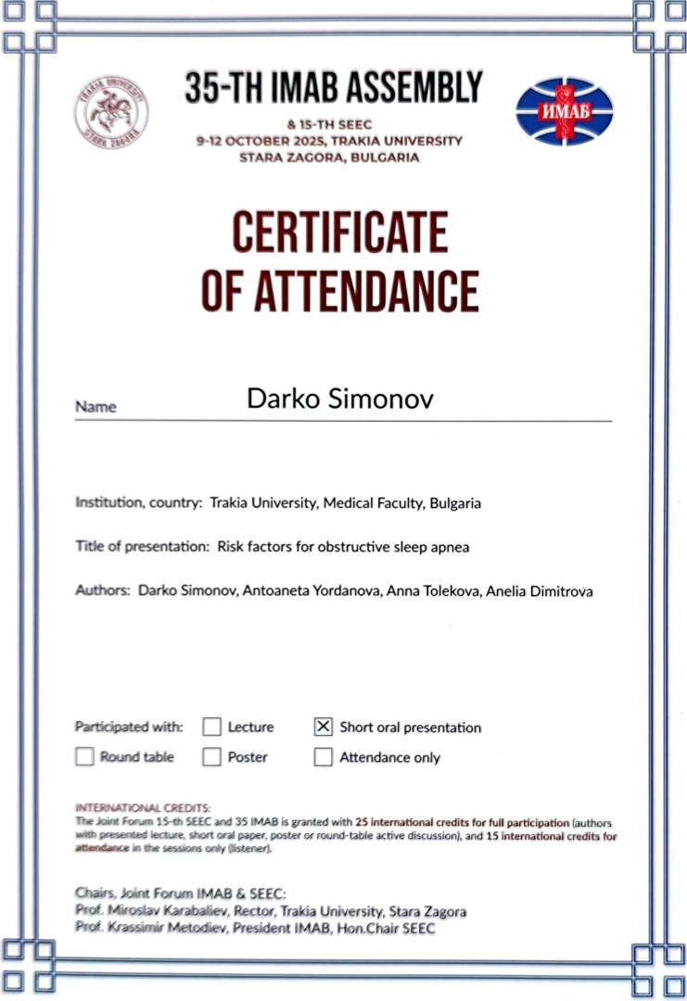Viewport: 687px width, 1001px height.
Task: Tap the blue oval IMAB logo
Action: pos(564,110)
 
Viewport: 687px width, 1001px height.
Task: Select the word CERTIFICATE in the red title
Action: pos(340,233)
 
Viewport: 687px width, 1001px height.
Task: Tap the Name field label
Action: pos(95,407)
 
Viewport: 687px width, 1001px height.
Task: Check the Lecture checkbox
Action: pos(212,727)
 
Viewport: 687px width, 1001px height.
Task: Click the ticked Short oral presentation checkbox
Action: pos(323,727)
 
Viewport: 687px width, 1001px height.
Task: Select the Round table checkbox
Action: pos(85,757)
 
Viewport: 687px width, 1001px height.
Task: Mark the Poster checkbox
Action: pos(212,757)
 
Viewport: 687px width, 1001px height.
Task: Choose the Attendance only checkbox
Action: pos(323,757)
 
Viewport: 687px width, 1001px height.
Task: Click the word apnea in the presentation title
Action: pos(450,547)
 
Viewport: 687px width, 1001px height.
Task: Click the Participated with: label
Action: pos(129,727)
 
